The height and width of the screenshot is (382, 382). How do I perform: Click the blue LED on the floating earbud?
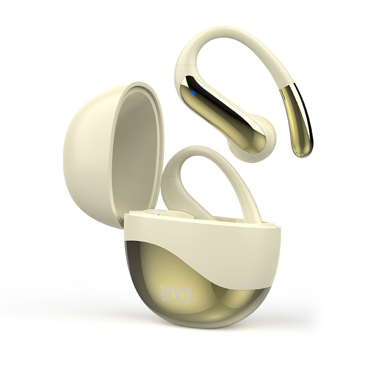click(x=193, y=93)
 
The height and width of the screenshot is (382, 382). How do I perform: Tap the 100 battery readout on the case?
click(x=177, y=294)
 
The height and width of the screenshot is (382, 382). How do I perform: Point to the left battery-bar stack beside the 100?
click(x=162, y=294)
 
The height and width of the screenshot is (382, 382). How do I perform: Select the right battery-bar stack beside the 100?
click(x=191, y=294)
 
